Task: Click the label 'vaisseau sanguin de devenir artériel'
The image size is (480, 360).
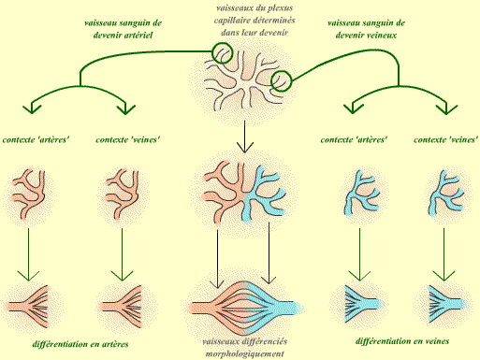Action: [x=123, y=29]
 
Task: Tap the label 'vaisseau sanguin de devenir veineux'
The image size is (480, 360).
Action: [x=366, y=29]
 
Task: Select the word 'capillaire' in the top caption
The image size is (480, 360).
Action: [x=232, y=21]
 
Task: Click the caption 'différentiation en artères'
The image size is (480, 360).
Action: [x=80, y=344]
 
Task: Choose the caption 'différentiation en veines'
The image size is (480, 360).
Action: [x=402, y=341]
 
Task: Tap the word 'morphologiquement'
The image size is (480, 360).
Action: [x=245, y=354]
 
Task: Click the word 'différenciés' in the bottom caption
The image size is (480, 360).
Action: [x=265, y=341]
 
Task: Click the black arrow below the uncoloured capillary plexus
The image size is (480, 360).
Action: [x=245, y=137]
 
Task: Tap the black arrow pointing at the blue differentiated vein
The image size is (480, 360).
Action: [x=269, y=253]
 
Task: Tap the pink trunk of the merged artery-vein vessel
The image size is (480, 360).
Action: [x=203, y=308]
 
